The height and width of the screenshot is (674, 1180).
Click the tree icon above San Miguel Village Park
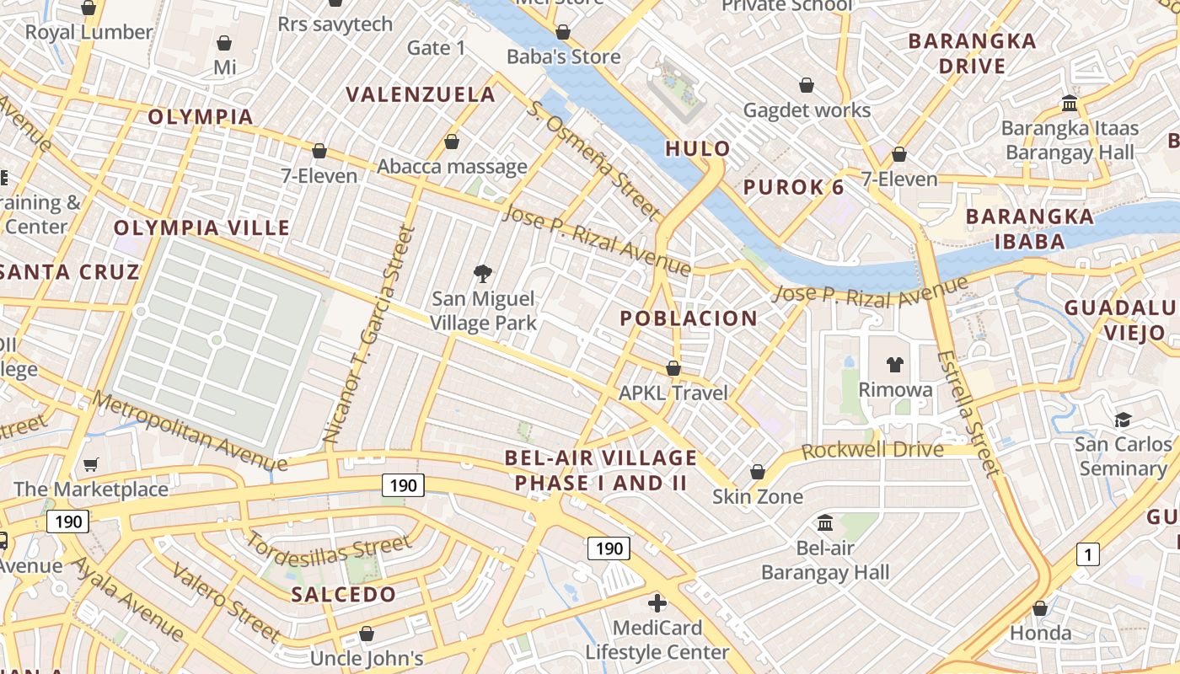[x=483, y=273]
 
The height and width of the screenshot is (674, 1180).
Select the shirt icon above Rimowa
[x=894, y=365]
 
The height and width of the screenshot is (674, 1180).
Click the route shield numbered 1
[x=1088, y=554]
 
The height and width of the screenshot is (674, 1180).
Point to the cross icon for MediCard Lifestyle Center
[x=657, y=603]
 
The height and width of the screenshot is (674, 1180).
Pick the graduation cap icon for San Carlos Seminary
[x=1123, y=420]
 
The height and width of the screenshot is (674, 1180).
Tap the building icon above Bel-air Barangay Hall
[x=825, y=523]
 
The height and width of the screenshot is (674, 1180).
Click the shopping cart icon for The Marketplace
[x=91, y=464]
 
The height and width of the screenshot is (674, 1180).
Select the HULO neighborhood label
[x=698, y=149]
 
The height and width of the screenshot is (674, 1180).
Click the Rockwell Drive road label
[x=872, y=450]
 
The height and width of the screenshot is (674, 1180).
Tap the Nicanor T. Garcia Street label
[x=370, y=334]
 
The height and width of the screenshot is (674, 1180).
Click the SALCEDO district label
[x=343, y=594]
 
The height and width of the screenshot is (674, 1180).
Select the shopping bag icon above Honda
[x=1040, y=608]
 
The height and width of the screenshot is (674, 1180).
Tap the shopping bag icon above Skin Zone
[x=758, y=472]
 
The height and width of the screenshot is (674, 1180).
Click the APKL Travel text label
[x=673, y=393]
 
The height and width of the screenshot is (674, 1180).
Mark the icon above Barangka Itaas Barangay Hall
[x=1070, y=103]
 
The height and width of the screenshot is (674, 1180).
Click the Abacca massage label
[x=452, y=166]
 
